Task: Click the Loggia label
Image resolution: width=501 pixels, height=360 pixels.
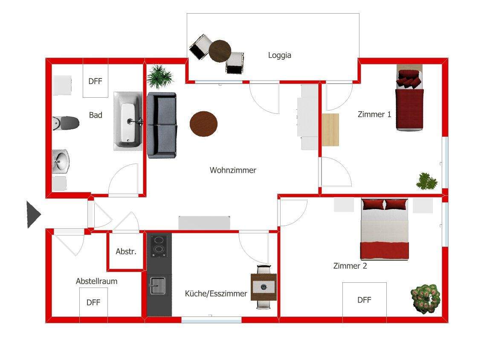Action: pyautogui.click(x=279, y=55)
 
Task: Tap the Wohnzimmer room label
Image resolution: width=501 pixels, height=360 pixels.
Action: pyautogui.click(x=233, y=170)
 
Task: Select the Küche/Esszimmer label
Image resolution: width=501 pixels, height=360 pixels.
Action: pyautogui.click(x=216, y=293)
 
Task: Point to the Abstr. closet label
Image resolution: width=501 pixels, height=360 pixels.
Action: pyautogui.click(x=126, y=252)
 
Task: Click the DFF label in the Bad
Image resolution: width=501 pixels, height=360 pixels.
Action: pyautogui.click(x=95, y=81)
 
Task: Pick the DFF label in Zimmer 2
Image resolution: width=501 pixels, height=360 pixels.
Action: pyautogui.click(x=364, y=300)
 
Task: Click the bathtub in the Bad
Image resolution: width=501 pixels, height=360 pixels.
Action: pyautogui.click(x=128, y=121)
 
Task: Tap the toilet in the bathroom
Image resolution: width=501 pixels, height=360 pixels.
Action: pyautogui.click(x=66, y=123)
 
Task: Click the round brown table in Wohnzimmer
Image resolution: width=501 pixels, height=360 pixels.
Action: pyautogui.click(x=203, y=123)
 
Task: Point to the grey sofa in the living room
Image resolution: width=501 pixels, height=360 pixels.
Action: pyautogui.click(x=162, y=125)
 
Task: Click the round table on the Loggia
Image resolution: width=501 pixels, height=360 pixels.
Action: pyautogui.click(x=220, y=51)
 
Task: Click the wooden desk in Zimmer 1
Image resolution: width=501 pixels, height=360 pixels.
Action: pyautogui.click(x=330, y=130)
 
